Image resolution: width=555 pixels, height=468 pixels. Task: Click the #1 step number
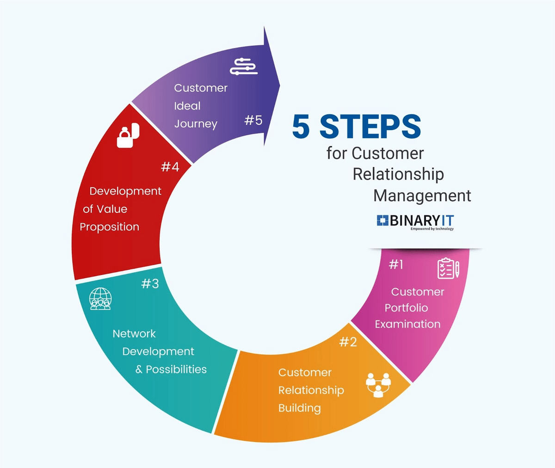396,265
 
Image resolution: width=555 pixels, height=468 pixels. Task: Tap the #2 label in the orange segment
348,342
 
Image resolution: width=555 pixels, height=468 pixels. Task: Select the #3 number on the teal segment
150,283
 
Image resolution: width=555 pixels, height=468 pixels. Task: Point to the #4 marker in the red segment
170,167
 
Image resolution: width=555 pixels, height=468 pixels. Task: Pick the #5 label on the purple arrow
253,120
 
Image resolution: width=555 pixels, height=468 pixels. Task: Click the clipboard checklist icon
449,268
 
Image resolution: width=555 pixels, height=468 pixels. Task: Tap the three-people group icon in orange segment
378,385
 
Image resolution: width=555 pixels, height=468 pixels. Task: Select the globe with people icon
100,299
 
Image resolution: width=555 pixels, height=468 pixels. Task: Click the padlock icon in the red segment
128,135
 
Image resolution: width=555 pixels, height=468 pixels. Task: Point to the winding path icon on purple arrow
243,67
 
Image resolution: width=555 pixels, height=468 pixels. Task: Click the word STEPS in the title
370,126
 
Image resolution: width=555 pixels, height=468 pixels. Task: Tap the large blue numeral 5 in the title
301,126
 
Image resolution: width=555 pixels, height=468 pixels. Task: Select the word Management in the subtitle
422,196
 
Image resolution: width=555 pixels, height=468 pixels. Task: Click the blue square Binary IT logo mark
382,220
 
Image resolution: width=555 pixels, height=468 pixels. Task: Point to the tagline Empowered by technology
432,229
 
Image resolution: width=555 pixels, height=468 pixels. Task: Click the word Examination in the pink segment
408,324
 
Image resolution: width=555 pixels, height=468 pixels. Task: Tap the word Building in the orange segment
300,408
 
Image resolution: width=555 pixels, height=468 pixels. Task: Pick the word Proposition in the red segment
110,227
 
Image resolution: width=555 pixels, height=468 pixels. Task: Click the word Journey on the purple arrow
196,124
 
